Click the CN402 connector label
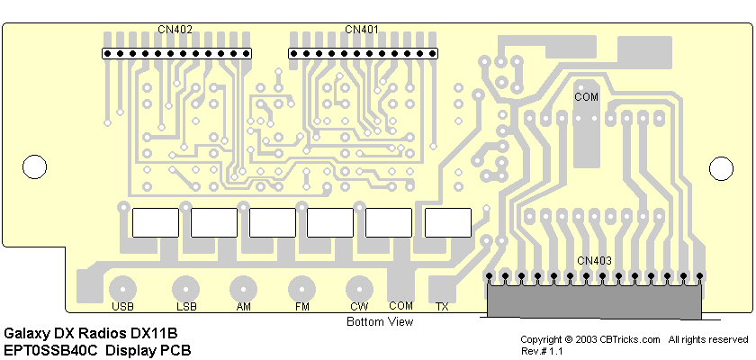click(x=175, y=30)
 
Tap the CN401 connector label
click(x=362, y=30)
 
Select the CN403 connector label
click(x=594, y=261)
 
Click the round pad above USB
click(x=122, y=289)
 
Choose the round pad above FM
click(x=301, y=289)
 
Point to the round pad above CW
click(x=359, y=289)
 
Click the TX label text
click(x=442, y=307)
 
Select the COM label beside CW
click(x=400, y=306)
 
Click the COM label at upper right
click(x=586, y=95)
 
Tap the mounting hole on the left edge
click(x=33, y=166)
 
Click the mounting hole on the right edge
click(x=722, y=166)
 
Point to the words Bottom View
click(x=380, y=321)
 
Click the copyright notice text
click(x=634, y=339)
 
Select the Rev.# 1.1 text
click(x=541, y=351)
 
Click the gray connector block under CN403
click(x=594, y=299)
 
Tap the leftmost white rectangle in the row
click(x=156, y=222)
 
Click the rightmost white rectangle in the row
click(x=447, y=222)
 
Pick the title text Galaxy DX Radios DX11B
click(x=91, y=333)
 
